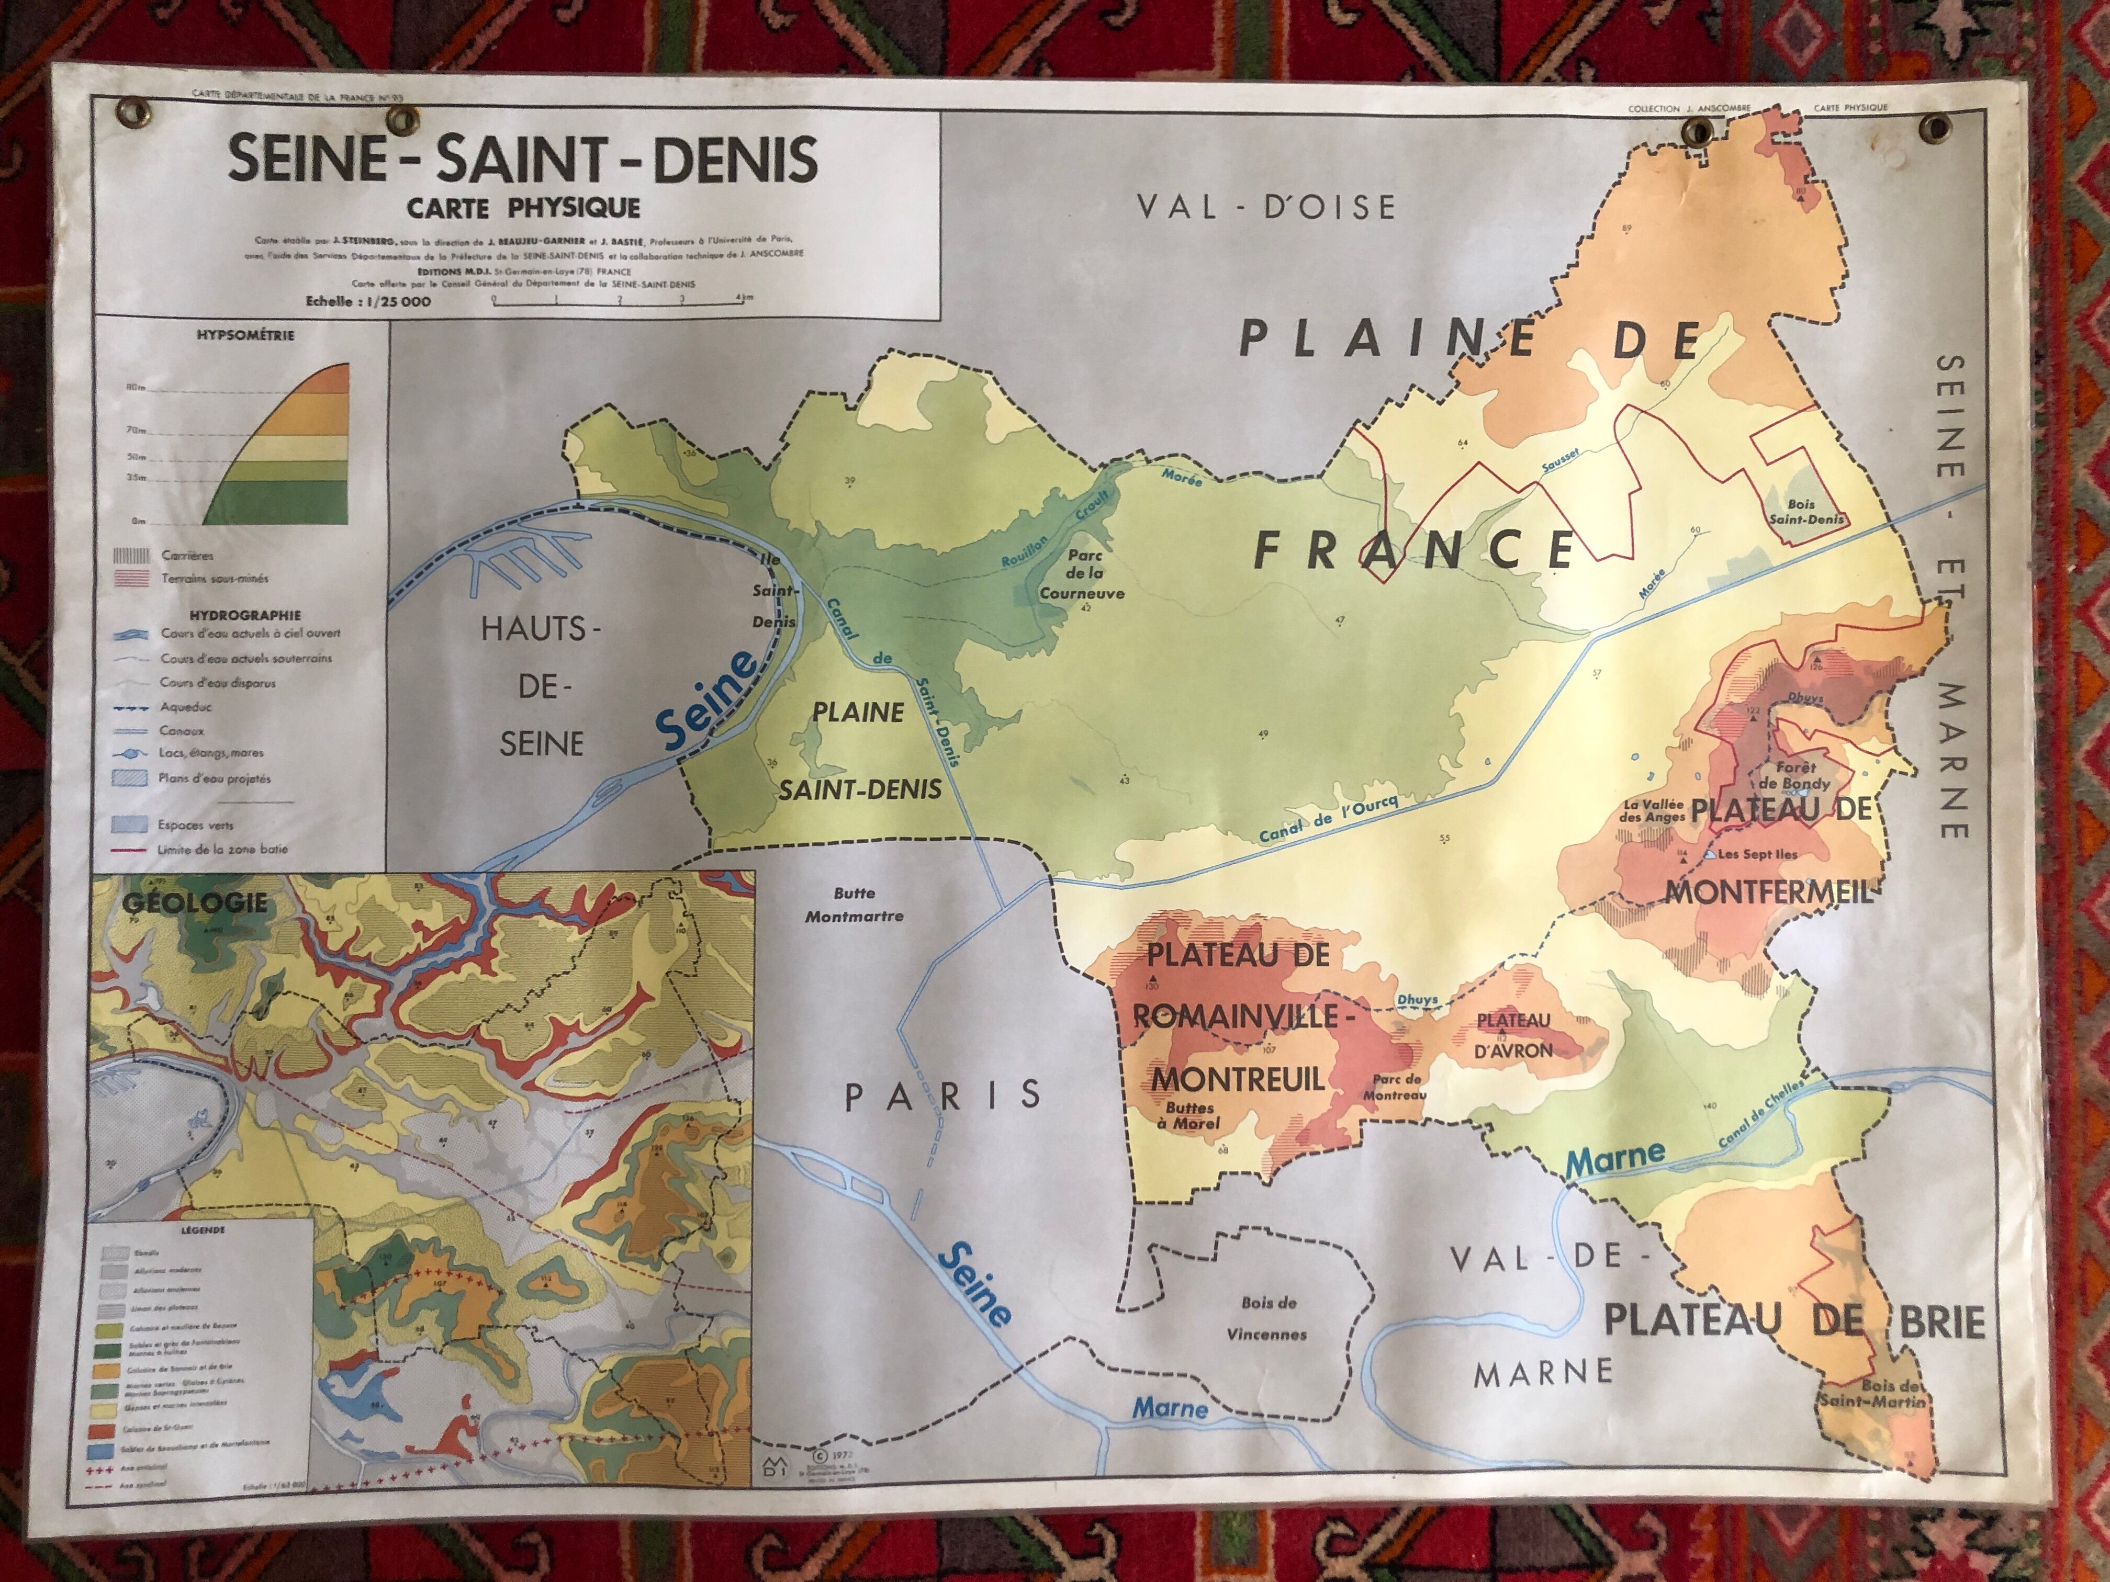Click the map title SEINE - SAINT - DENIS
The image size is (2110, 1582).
point(523,159)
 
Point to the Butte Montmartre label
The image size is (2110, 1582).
point(854,904)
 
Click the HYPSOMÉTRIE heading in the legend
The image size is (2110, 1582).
point(245,336)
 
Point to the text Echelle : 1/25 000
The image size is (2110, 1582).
point(367,301)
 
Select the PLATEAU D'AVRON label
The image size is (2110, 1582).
point(1515,1035)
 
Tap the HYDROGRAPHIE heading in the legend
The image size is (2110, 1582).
point(244,615)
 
